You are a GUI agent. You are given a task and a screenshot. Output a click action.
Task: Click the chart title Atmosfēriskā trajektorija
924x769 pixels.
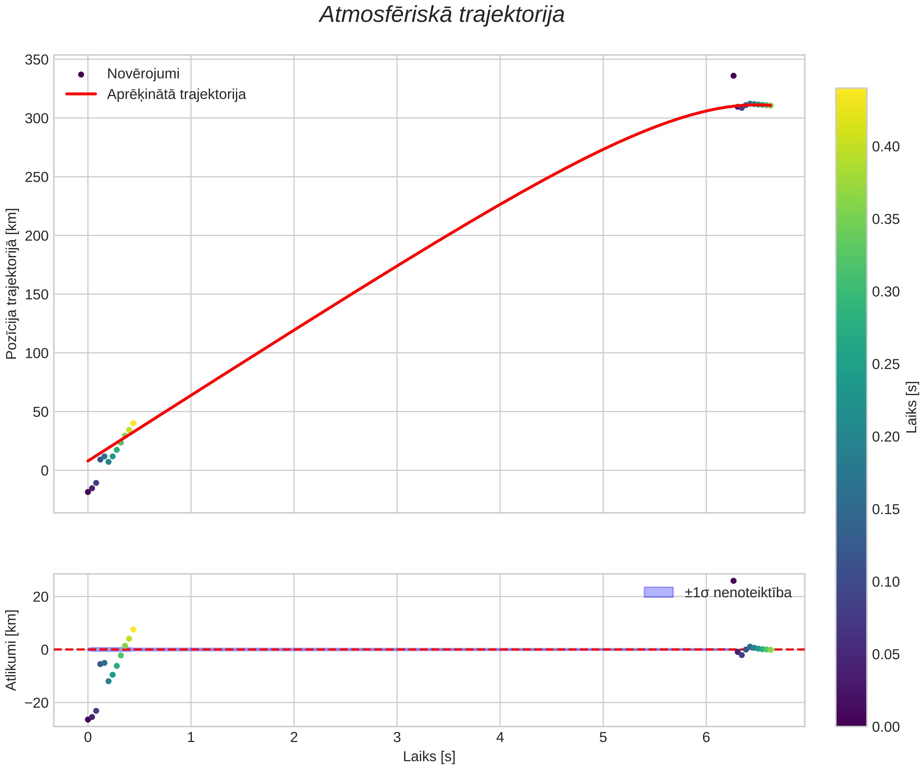click(x=442, y=15)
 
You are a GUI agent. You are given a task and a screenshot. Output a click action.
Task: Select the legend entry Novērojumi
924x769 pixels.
click(x=143, y=74)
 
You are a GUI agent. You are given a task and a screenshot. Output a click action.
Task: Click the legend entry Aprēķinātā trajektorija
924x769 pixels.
click(x=176, y=94)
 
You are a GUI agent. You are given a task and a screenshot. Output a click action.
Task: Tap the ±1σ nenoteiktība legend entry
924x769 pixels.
click(x=738, y=592)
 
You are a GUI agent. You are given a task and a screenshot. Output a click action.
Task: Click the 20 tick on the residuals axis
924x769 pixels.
click(x=40, y=597)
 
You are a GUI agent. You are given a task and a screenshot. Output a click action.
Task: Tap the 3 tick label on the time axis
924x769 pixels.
click(x=397, y=737)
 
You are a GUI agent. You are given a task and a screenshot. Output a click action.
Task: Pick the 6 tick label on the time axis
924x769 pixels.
click(x=706, y=737)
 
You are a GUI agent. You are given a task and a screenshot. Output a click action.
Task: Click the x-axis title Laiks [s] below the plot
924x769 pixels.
click(x=429, y=756)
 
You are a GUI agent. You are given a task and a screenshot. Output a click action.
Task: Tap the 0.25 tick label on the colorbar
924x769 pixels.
click(x=886, y=365)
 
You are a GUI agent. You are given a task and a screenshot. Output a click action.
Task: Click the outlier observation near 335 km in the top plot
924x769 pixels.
click(x=733, y=76)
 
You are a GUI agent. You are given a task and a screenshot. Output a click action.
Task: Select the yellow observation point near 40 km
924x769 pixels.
click(x=133, y=424)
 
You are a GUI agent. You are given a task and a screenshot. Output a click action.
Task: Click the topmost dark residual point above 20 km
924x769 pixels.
click(x=733, y=581)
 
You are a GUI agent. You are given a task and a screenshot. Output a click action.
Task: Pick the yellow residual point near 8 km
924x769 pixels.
click(x=133, y=629)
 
